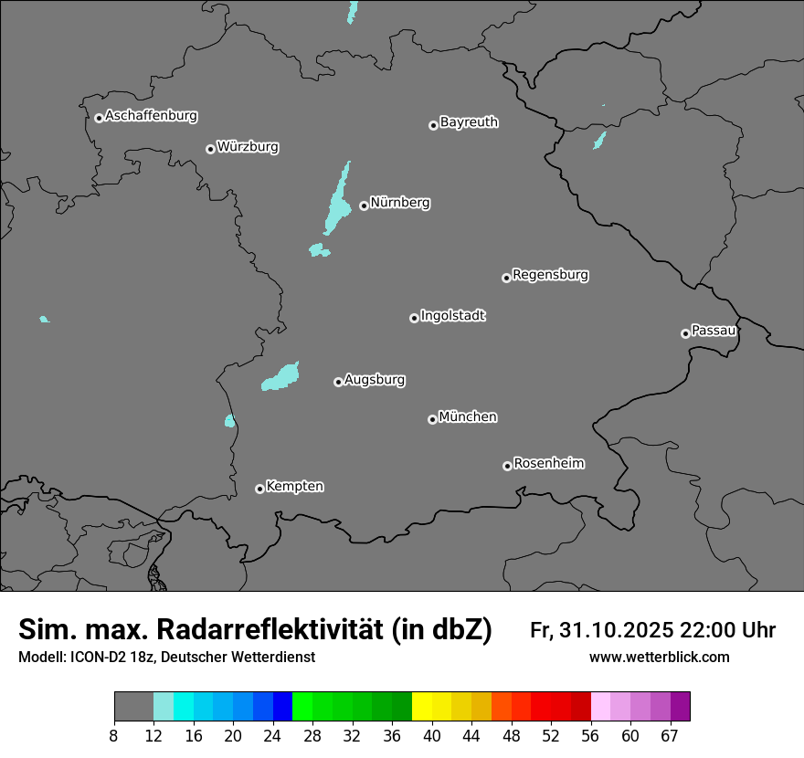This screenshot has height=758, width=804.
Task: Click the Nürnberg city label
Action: pyautogui.click(x=399, y=203)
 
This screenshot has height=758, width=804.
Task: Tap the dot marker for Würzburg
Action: pyautogui.click(x=210, y=149)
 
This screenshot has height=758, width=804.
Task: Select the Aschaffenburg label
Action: pyautogui.click(x=151, y=116)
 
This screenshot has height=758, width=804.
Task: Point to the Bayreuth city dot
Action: pyautogui.click(x=433, y=125)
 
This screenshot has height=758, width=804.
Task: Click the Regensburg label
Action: pyautogui.click(x=550, y=275)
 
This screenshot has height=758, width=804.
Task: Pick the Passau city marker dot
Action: pyautogui.click(x=685, y=333)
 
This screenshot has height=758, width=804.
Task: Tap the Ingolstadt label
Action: pyautogui.click(x=452, y=316)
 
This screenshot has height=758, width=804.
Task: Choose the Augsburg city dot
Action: pyautogui.click(x=338, y=382)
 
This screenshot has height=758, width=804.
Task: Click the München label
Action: pyautogui.click(x=468, y=417)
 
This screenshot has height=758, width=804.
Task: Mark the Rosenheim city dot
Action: pyautogui.click(x=507, y=467)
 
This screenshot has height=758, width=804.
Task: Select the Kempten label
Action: pyautogui.click(x=294, y=487)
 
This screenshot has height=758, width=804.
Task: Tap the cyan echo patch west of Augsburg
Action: pyautogui.click(x=281, y=377)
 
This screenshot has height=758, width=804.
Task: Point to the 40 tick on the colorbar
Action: pyautogui.click(x=431, y=736)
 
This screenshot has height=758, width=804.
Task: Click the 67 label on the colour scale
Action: pyautogui.click(x=670, y=736)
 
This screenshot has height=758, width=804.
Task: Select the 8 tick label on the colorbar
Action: pyautogui.click(x=113, y=736)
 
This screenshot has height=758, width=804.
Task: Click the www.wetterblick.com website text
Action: pyautogui.click(x=659, y=658)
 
